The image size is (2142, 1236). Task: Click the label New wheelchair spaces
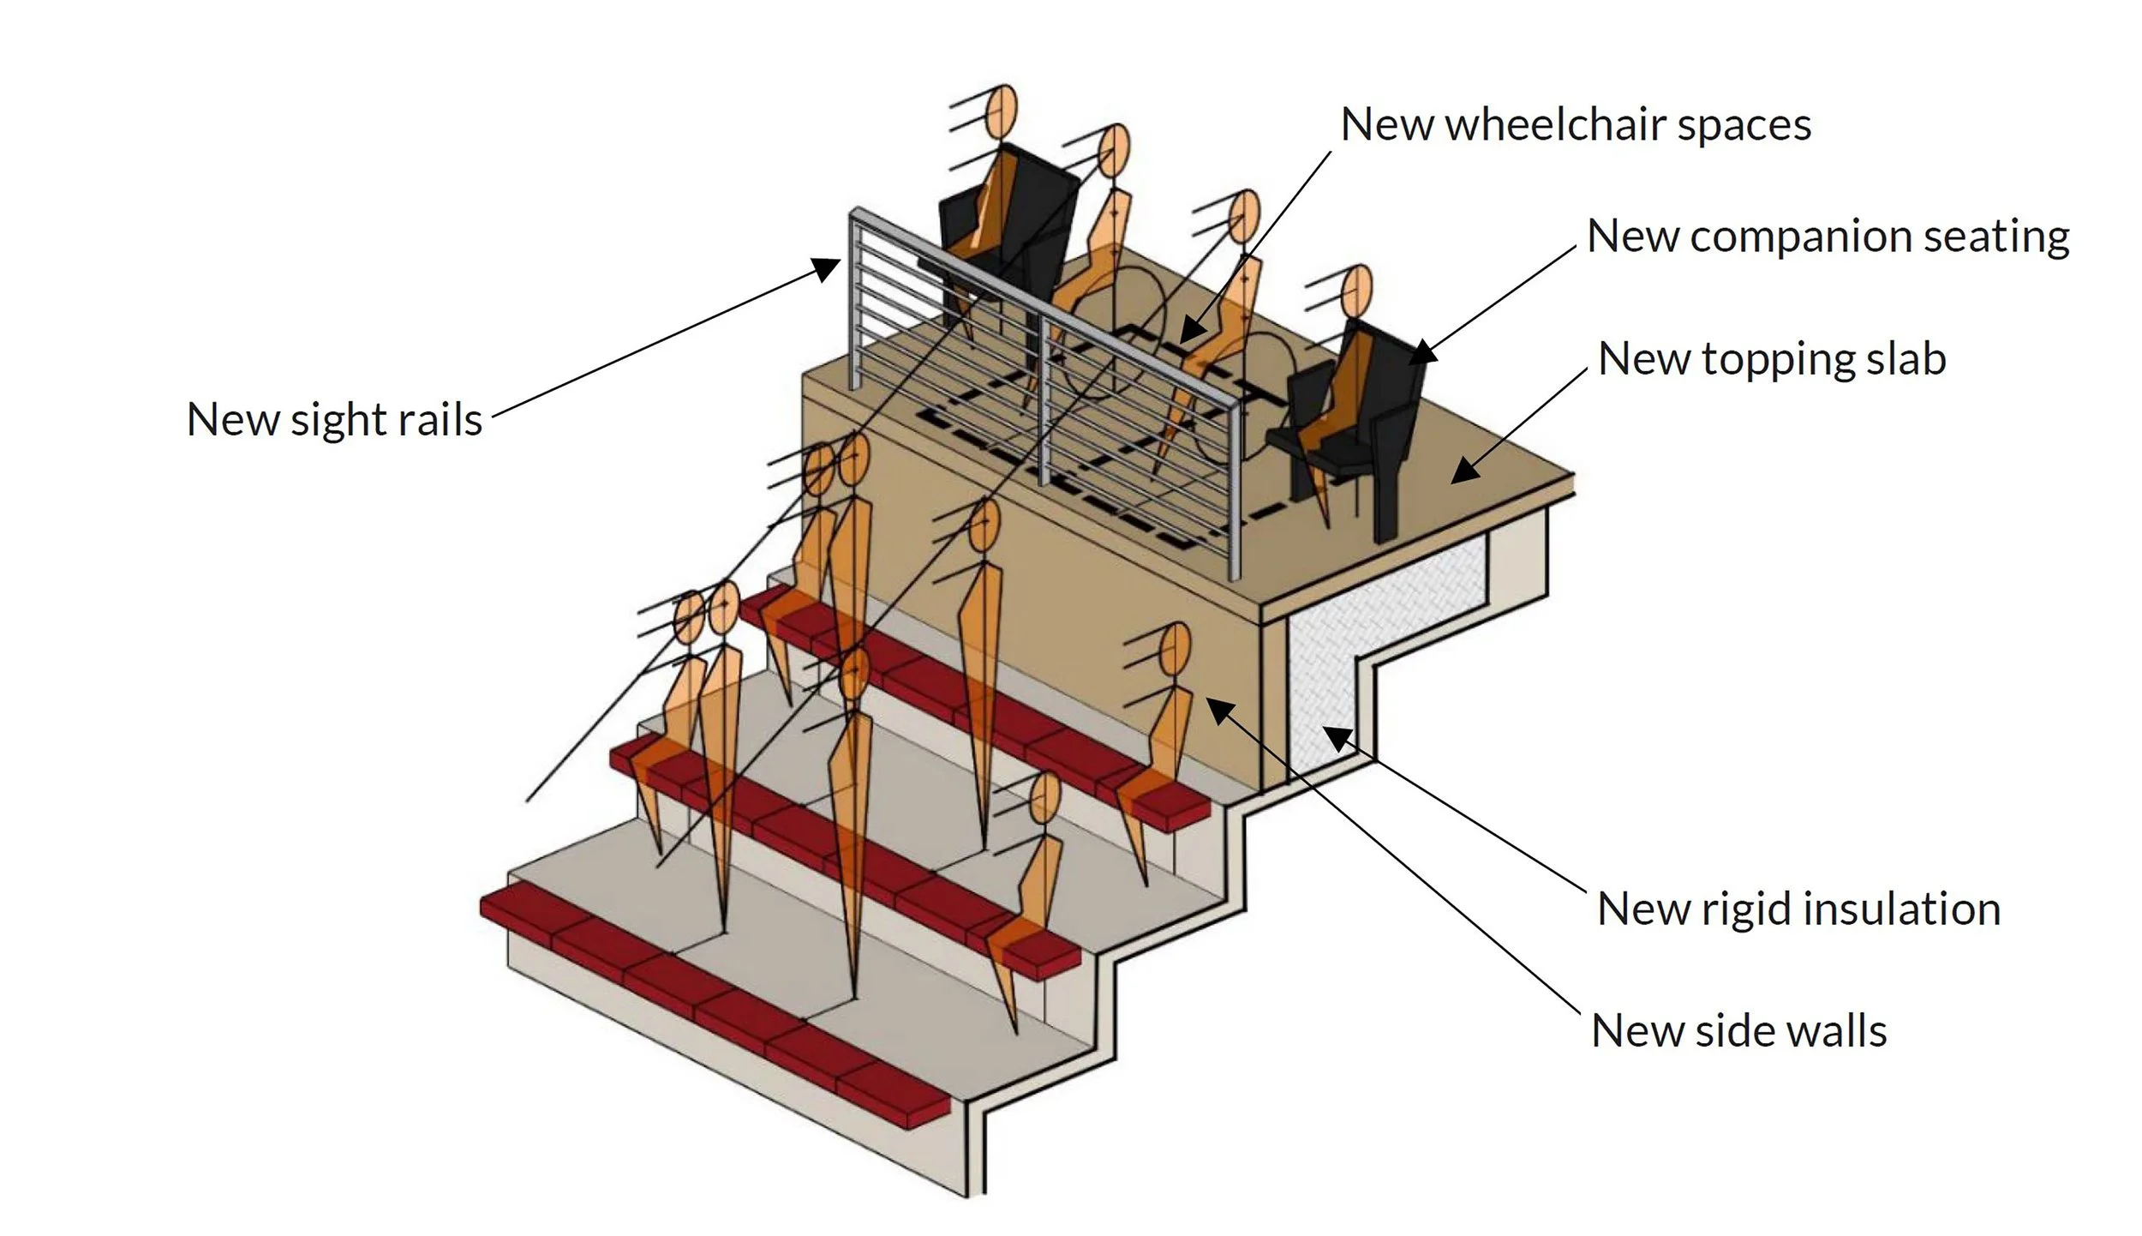pos(1575,125)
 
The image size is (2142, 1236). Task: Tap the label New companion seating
pos(1828,237)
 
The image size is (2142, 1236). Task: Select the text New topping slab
pos(1772,359)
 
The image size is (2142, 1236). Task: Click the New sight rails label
pos(334,420)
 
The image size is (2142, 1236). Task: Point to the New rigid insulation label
pos(1798,909)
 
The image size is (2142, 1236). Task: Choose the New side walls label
pos(1738,1031)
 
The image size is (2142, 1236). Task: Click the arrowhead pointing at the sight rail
pos(828,269)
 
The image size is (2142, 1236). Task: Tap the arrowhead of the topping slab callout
pos(1463,471)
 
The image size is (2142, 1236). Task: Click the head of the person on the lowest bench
pos(1044,798)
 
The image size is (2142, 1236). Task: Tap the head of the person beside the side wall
pos(1176,648)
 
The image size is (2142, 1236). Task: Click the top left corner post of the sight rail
pos(854,300)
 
